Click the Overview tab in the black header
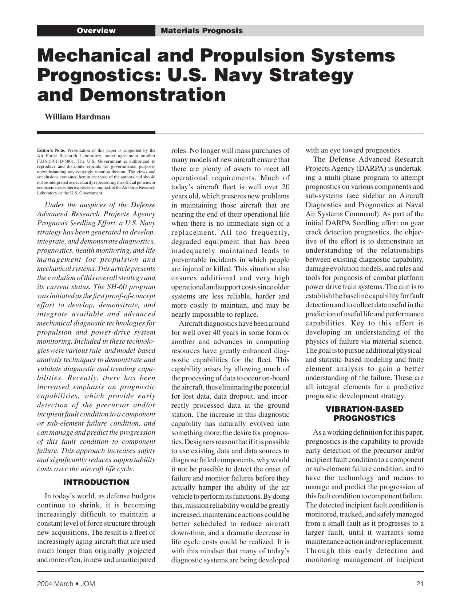click(96, 31)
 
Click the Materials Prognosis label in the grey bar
click(202, 31)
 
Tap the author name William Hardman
click(77, 117)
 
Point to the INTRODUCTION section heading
click(96, 482)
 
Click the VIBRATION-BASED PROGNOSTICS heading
click(364, 414)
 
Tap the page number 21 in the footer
click(420, 584)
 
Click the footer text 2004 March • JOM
click(66, 584)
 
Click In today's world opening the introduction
click(70, 496)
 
